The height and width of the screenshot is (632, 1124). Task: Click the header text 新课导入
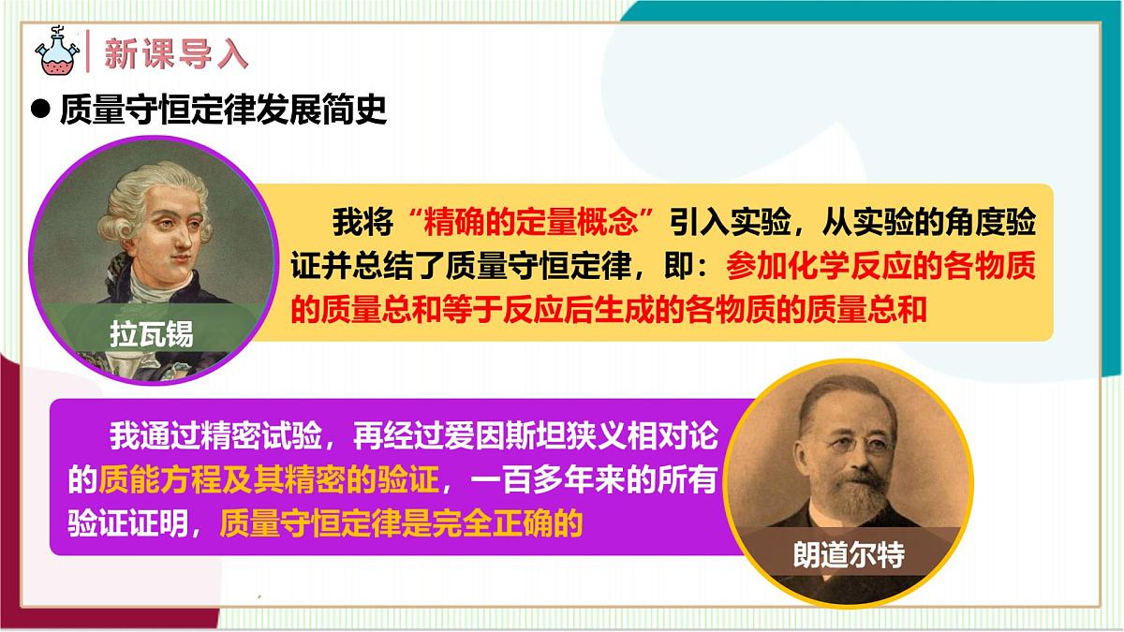176,53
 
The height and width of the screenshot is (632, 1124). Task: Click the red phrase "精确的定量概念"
530,224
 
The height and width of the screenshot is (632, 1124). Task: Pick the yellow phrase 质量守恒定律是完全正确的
401,522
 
